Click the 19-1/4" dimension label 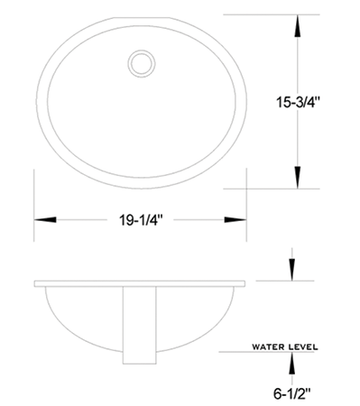pos(141,220)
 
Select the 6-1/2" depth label pos(291,393)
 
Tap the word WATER pos(268,346)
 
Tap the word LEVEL pos(303,346)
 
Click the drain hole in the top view pos(142,63)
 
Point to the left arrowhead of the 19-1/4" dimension pos(45,220)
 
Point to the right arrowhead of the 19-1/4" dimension pos(235,220)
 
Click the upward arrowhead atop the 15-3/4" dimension pos(298,26)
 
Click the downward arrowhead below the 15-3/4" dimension pos(298,178)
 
